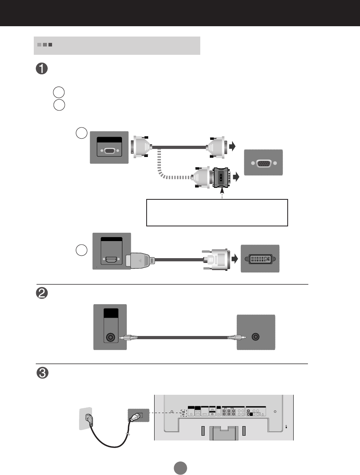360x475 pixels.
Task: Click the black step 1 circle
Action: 42,68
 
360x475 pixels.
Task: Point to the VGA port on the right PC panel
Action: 263,163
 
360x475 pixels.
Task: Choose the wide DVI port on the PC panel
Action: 260,259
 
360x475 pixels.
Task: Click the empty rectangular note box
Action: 217,212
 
